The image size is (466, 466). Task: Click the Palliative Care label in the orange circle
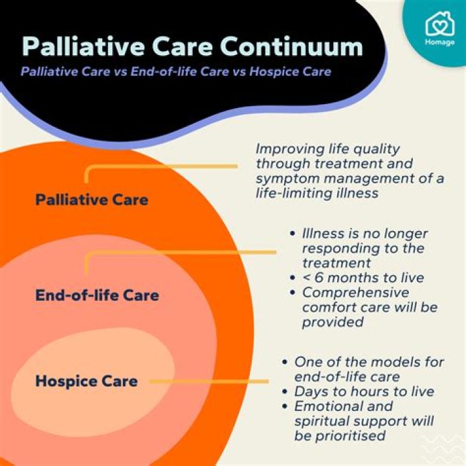pos(91,199)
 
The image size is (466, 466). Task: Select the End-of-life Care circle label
pos(97,296)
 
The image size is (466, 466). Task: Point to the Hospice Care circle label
pos(86,381)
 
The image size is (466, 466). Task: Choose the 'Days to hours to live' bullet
pos(364,391)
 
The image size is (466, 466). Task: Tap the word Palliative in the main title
pos(84,46)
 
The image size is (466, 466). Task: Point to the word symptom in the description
pos(285,179)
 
